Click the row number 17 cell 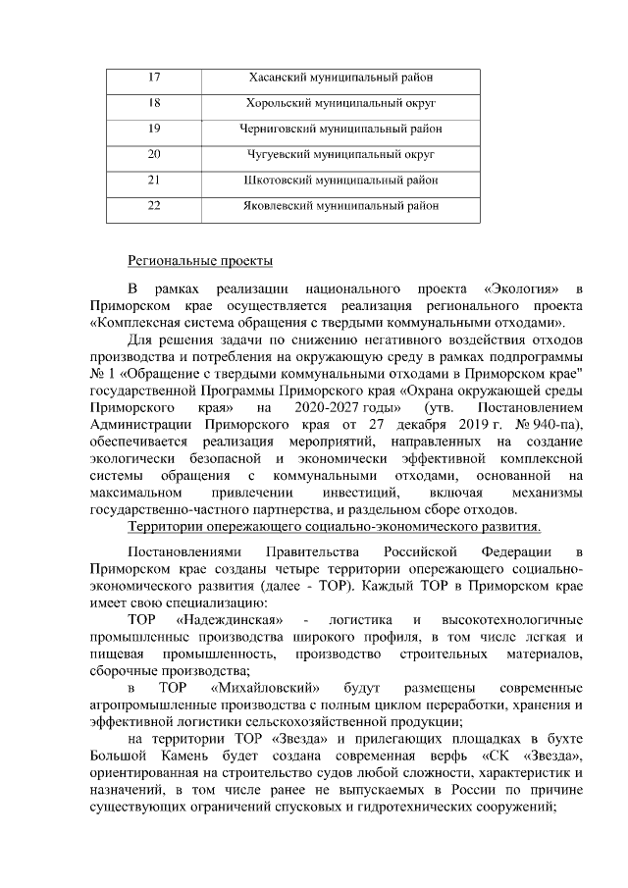(154, 78)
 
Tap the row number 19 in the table (154, 129)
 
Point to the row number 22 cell (154, 205)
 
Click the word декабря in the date (423, 424)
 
